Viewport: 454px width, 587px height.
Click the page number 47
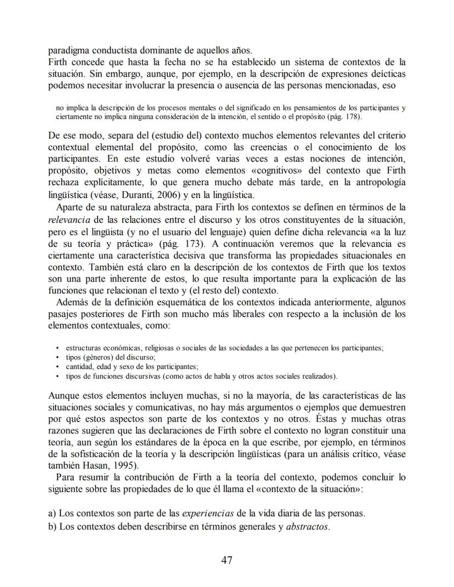click(x=227, y=560)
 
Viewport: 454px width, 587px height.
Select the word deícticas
click(x=387, y=74)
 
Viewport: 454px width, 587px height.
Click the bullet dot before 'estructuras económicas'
click(x=58, y=348)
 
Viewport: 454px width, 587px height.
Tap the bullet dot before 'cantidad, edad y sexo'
click(x=58, y=367)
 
